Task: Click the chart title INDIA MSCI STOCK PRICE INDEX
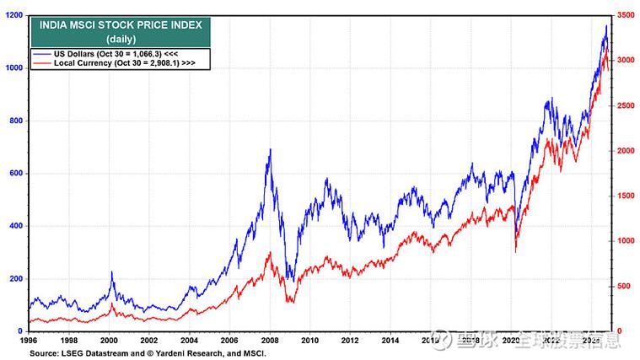(x=116, y=25)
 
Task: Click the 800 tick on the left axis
(x=14, y=121)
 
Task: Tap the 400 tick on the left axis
(x=14, y=226)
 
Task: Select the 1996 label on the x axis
(x=30, y=341)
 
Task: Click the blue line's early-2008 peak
(x=270, y=150)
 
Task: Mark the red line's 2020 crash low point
(x=515, y=250)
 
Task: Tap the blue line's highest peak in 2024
(x=605, y=26)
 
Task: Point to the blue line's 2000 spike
(x=111, y=272)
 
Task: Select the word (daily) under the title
(x=116, y=39)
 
